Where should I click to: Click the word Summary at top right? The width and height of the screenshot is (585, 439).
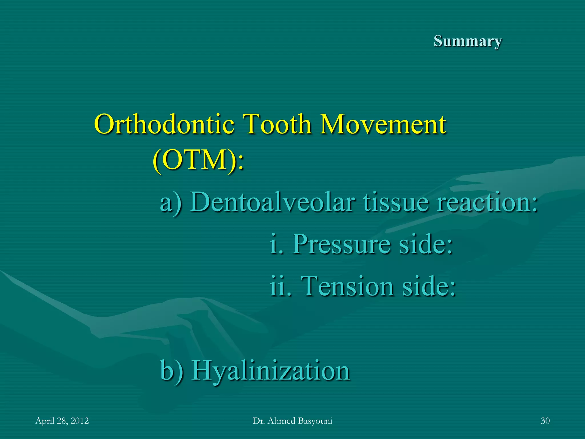(x=468, y=41)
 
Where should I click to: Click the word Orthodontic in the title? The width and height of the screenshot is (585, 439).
(x=164, y=124)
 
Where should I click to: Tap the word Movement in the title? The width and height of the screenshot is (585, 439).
(x=382, y=124)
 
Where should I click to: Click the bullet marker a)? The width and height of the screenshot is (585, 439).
(x=171, y=202)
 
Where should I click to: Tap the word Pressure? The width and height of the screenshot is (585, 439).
(x=341, y=244)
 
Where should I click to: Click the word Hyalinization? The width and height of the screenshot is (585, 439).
(x=271, y=371)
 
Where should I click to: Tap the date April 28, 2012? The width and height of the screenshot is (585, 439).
(x=62, y=421)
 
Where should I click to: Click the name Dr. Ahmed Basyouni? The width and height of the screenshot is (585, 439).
(x=292, y=421)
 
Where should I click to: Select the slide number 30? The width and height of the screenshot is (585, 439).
(x=545, y=421)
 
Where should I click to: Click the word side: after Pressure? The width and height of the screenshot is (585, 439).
(x=426, y=244)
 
